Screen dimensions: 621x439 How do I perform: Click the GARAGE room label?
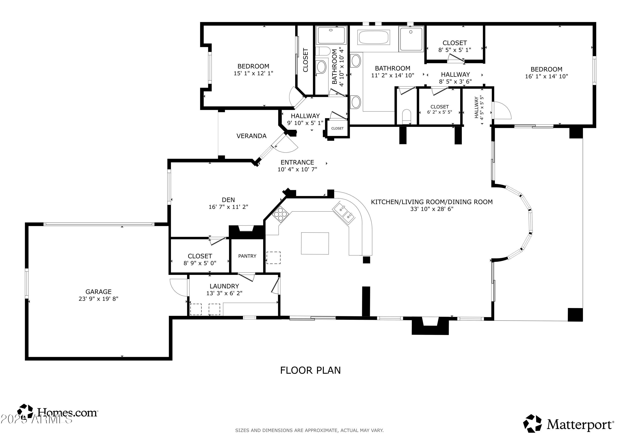(99, 292)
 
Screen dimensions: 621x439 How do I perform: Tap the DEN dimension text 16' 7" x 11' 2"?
(228, 207)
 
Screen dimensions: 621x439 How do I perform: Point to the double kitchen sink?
(343, 213)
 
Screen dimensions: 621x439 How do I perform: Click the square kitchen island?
(315, 243)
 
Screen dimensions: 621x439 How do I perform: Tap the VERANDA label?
(252, 136)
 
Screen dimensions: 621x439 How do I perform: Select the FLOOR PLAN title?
(310, 370)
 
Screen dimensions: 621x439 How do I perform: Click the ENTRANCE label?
(297, 162)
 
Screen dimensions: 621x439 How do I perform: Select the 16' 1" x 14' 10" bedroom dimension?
(546, 76)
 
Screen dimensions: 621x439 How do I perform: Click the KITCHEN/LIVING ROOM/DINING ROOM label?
(432, 202)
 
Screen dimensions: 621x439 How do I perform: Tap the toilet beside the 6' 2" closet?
(407, 116)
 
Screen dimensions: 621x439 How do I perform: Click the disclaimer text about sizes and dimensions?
(309, 430)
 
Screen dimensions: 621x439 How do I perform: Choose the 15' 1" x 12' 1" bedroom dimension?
(253, 73)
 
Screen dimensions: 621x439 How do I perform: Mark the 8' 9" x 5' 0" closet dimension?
(200, 263)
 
